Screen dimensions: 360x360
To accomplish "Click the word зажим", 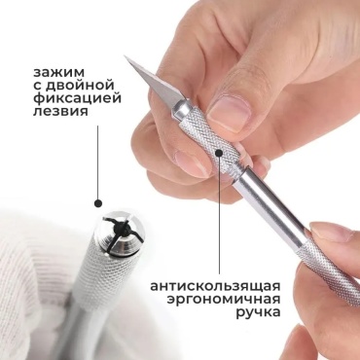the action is point(58,72).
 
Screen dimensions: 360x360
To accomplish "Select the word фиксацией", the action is point(77,98).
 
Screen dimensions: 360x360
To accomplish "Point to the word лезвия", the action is point(60,111).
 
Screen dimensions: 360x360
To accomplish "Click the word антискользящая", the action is point(215,287).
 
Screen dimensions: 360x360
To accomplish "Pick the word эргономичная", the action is point(224,300).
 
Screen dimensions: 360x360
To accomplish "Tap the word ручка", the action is point(258,312).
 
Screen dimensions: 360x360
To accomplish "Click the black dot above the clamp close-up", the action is point(98,203).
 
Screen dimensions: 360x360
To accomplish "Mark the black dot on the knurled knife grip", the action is point(219,153).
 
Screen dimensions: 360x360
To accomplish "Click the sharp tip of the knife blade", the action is point(125,56).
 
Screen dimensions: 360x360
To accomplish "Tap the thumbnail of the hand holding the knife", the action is point(229,112).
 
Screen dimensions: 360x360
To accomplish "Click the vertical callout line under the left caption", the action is point(98,162).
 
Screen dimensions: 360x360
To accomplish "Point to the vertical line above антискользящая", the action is point(219,215).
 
